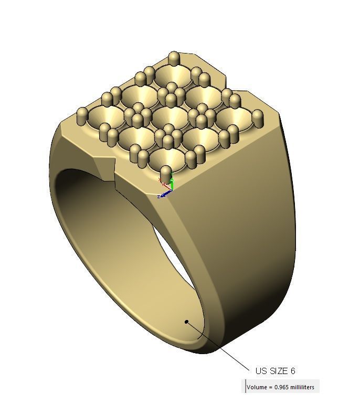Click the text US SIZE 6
coord(275,371)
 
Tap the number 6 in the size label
coord(292,371)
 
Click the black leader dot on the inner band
coord(186,322)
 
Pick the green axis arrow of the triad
coord(172,183)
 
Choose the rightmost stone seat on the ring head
coord(233,119)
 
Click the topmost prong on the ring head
coord(174,58)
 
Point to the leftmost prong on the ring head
coord(82,115)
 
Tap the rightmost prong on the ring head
coord(258,118)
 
